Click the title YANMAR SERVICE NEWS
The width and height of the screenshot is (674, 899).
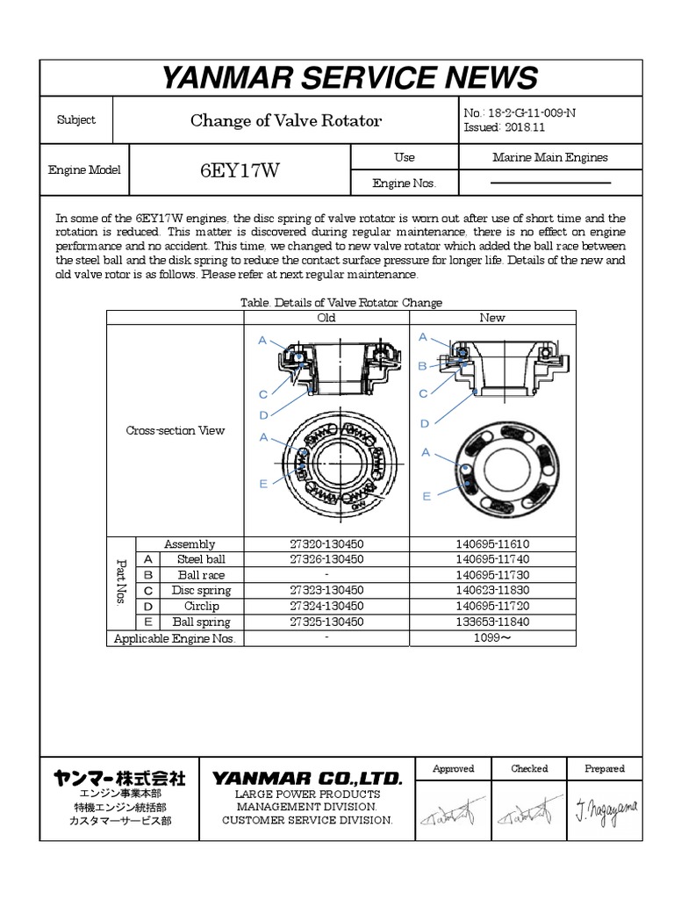348,78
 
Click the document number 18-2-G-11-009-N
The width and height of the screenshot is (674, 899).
532,112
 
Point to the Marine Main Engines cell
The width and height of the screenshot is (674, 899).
550,158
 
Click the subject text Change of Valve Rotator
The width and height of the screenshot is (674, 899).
286,121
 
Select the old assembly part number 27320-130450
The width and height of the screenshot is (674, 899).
326,544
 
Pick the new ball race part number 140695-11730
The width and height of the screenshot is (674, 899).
492,575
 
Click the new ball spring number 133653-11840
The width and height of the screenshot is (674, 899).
492,622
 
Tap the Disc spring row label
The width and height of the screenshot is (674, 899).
202,591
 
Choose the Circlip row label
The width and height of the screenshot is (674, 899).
202,607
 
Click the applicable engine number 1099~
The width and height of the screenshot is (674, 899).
492,639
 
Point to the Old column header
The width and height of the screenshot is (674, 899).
326,318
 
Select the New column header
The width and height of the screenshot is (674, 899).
492,318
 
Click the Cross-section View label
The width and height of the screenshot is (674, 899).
176,431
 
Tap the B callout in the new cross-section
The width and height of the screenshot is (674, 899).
422,365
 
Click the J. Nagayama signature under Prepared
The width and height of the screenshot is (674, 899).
606,807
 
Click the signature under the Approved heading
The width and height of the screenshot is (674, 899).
453,809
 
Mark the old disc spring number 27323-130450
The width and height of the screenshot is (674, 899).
326,591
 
